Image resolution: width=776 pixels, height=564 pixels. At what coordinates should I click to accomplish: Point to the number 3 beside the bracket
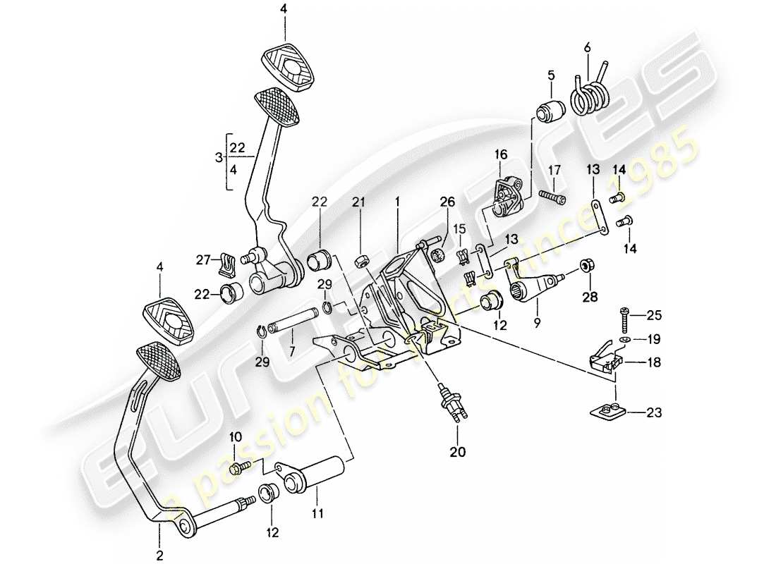[219, 157]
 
